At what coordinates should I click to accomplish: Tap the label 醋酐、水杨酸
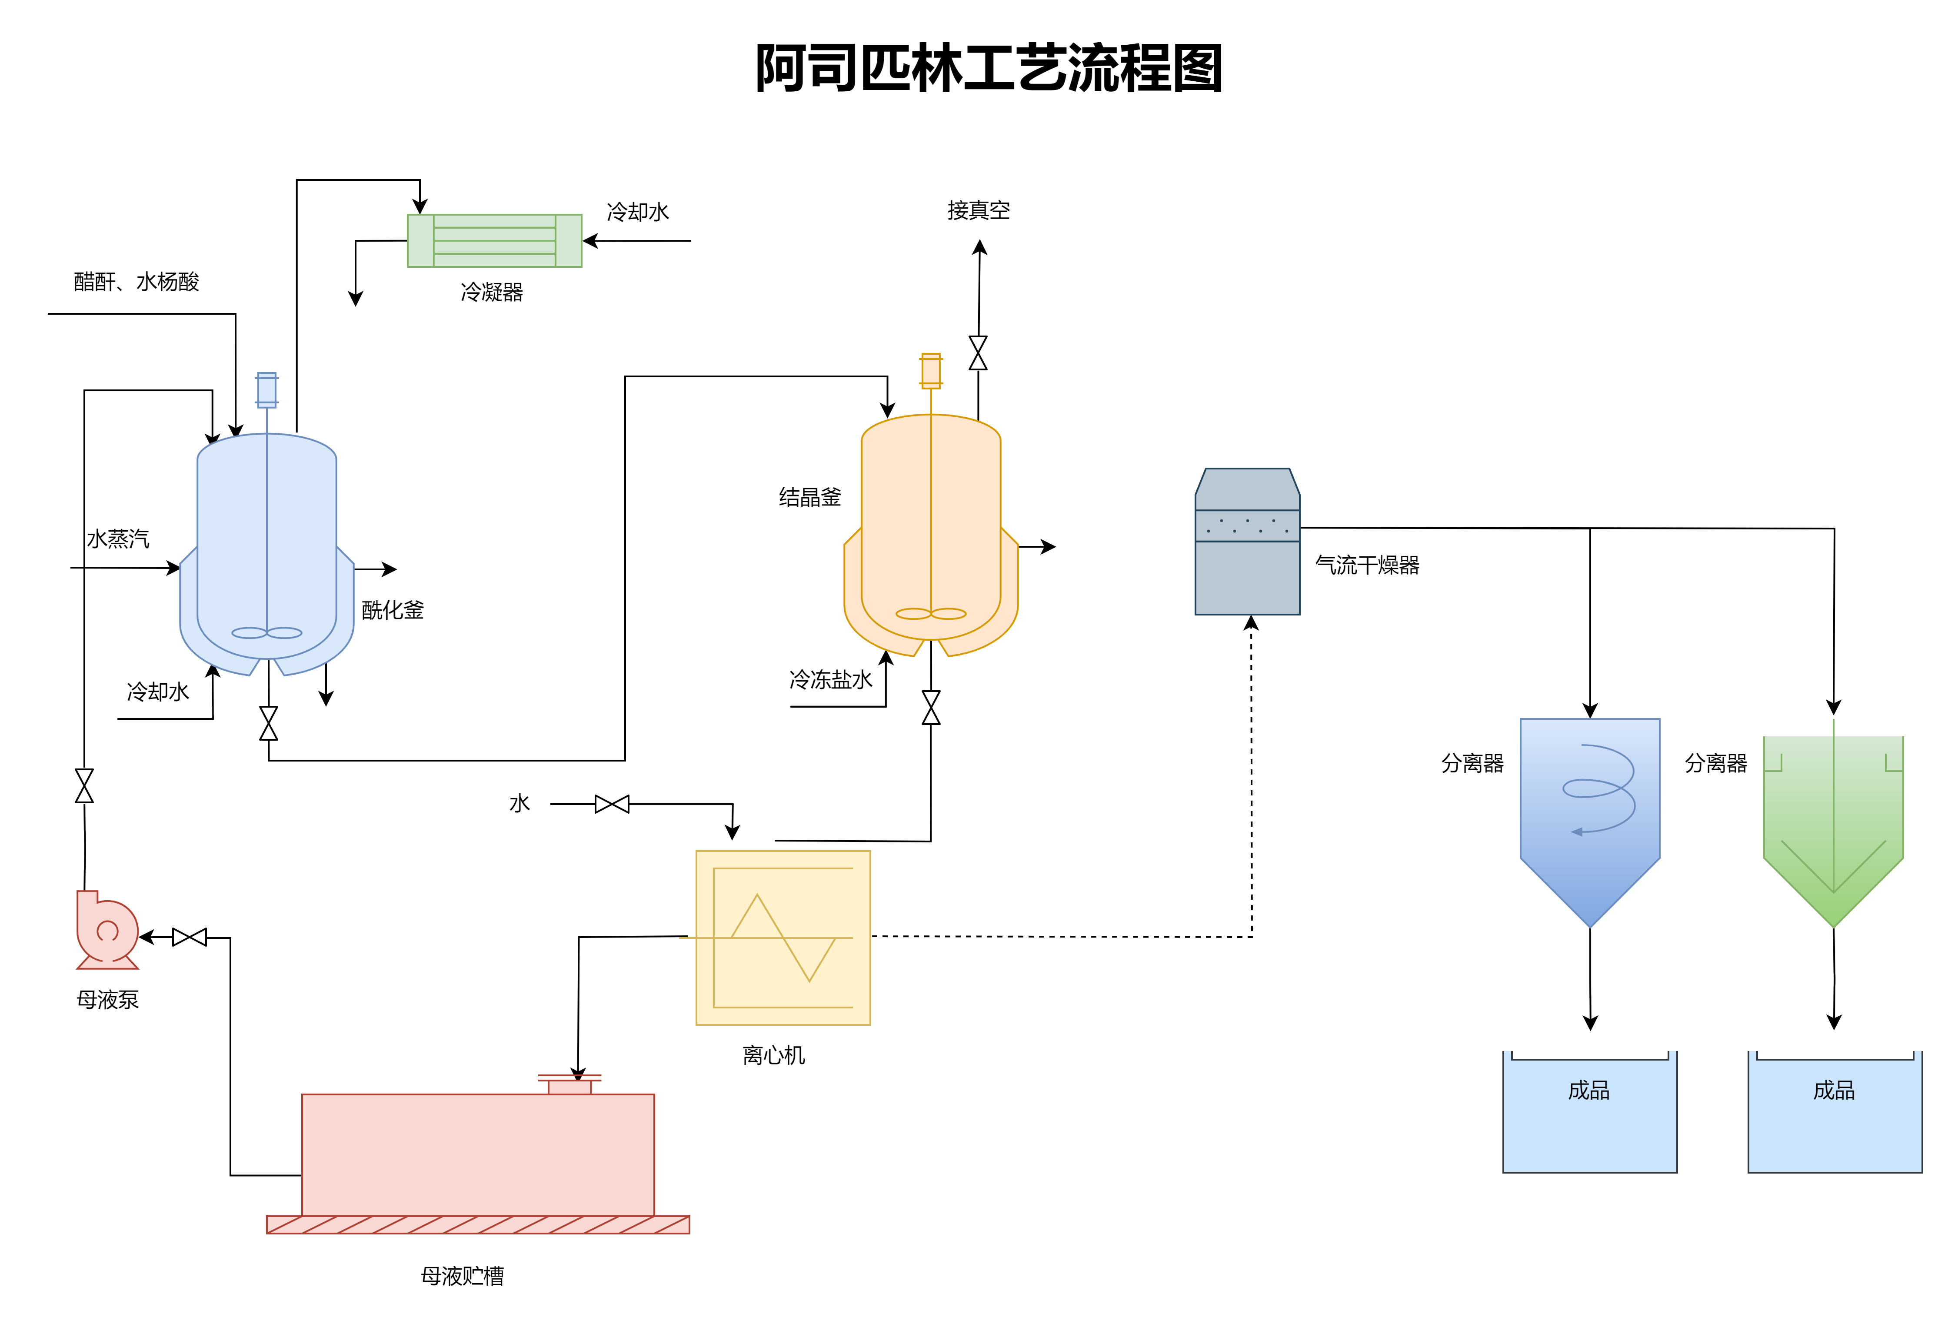tap(137, 281)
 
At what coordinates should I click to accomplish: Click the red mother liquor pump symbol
tap(107, 931)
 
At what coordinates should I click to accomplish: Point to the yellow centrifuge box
tap(783, 938)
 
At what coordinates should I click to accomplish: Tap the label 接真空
tap(978, 211)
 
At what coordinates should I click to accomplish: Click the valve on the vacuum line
tap(978, 353)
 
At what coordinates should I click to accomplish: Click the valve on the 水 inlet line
tap(612, 805)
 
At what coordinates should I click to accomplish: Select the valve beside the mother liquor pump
tap(190, 938)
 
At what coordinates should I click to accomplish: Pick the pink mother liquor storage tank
tap(478, 1154)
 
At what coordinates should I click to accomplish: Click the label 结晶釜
tap(809, 497)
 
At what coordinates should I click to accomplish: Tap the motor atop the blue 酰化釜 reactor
tap(267, 390)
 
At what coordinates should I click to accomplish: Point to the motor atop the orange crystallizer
tap(931, 371)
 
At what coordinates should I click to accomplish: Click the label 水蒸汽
tap(118, 539)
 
